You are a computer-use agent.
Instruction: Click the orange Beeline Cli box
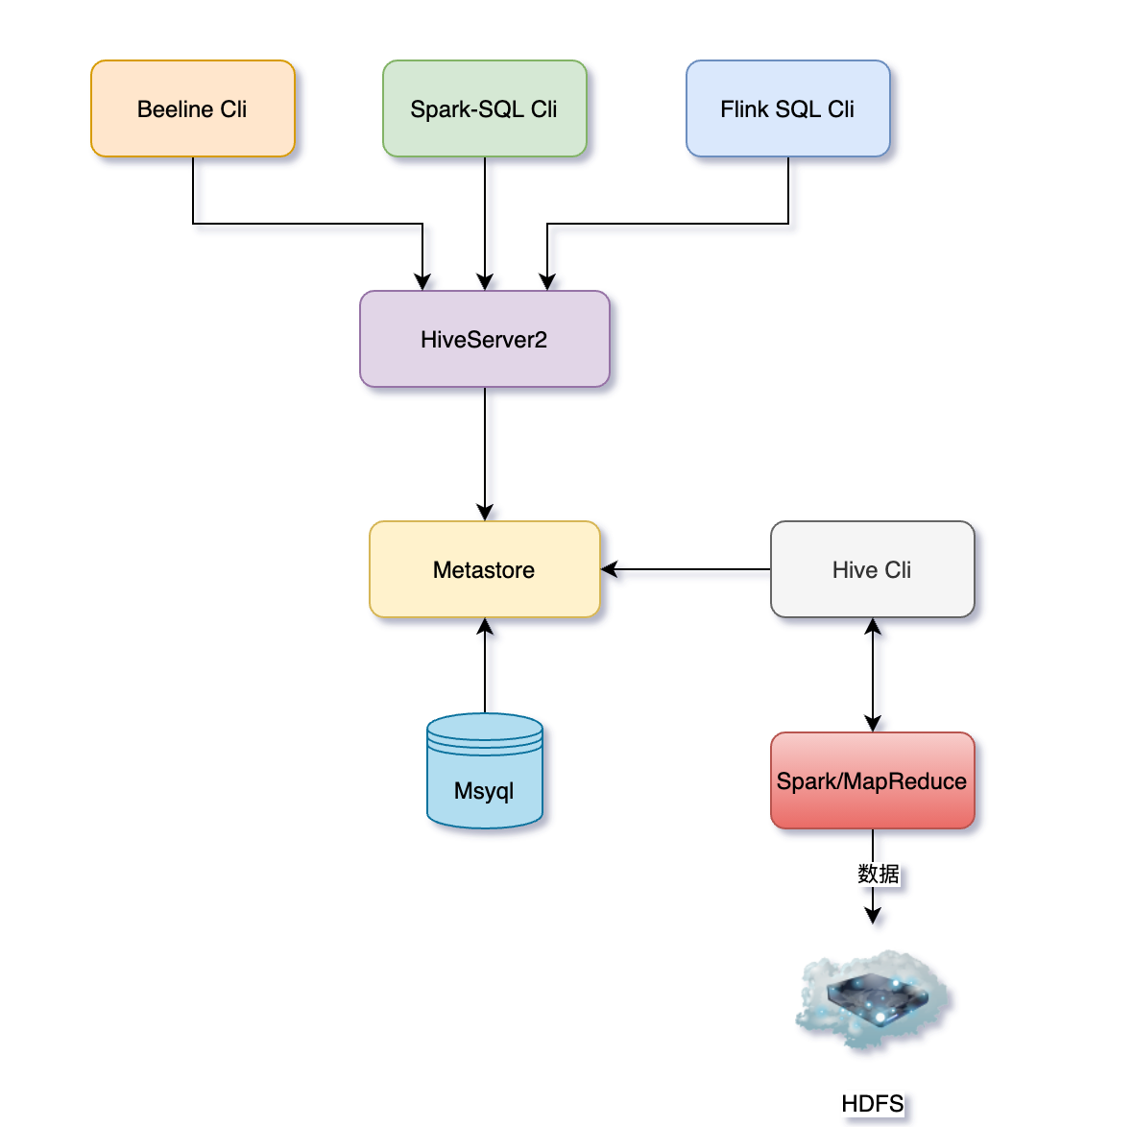[x=192, y=108]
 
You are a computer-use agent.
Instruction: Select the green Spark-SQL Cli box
[x=484, y=108]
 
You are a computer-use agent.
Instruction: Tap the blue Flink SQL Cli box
[x=787, y=108]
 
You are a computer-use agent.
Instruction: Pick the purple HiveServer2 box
[x=484, y=339]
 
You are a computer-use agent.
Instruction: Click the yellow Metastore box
[x=484, y=569]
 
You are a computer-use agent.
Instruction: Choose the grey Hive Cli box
[x=872, y=569]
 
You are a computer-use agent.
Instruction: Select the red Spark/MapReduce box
[x=872, y=780]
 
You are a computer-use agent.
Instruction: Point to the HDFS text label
[x=872, y=1104]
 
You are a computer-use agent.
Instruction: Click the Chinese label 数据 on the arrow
[x=878, y=874]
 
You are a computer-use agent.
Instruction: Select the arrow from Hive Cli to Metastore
[x=686, y=569]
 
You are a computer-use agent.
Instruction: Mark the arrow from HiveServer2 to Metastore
[x=485, y=451]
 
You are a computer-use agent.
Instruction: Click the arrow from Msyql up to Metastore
[x=485, y=667]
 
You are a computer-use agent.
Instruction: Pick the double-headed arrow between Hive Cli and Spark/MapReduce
[x=872, y=675]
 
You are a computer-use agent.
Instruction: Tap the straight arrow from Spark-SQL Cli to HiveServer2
[x=485, y=221]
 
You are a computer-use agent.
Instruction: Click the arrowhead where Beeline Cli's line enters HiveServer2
[x=422, y=281]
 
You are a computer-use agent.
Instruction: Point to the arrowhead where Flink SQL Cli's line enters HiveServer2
[x=547, y=281]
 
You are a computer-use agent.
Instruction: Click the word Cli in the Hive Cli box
[x=898, y=569]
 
